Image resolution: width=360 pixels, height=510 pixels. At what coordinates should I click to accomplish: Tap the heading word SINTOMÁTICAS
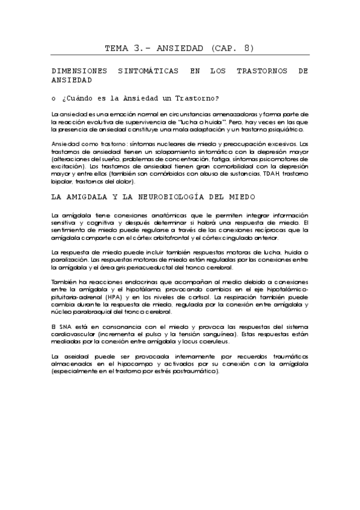[150, 71]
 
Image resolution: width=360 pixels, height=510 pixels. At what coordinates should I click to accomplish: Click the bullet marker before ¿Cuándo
[54, 98]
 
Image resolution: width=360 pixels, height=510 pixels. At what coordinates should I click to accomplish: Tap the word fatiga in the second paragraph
[239, 159]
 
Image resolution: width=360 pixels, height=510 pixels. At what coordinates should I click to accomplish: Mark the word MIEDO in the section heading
[242, 197]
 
